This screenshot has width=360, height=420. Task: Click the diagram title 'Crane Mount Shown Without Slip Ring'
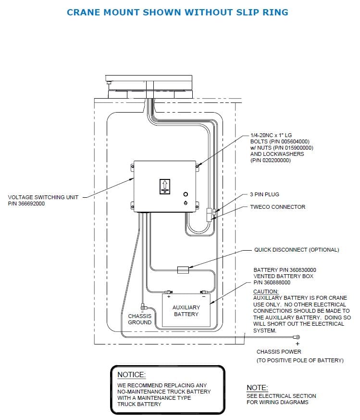click(x=177, y=13)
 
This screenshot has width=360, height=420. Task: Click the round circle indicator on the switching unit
click(x=186, y=194)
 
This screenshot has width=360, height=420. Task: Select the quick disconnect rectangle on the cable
click(x=183, y=270)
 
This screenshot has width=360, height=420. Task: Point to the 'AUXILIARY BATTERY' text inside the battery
click(x=186, y=311)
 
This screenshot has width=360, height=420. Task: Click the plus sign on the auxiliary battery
click(x=169, y=297)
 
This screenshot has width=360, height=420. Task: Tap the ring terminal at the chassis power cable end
click(x=297, y=337)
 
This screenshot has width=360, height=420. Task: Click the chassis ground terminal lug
click(x=143, y=307)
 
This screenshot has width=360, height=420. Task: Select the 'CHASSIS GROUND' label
click(x=139, y=319)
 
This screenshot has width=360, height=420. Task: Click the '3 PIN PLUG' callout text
click(x=264, y=194)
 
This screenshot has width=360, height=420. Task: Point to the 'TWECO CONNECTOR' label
click(x=277, y=207)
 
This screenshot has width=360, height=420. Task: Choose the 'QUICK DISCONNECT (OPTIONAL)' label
click(x=297, y=250)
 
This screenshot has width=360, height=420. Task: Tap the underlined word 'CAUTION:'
click(x=266, y=292)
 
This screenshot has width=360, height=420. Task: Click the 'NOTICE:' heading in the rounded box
click(x=131, y=375)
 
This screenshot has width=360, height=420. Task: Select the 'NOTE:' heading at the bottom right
click(x=257, y=388)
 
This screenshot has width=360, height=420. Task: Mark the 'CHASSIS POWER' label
click(x=279, y=352)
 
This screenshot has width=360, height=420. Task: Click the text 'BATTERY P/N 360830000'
click(x=285, y=270)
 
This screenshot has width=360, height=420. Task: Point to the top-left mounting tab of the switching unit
click(x=132, y=166)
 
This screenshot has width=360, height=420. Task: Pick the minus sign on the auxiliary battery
click(x=204, y=297)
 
